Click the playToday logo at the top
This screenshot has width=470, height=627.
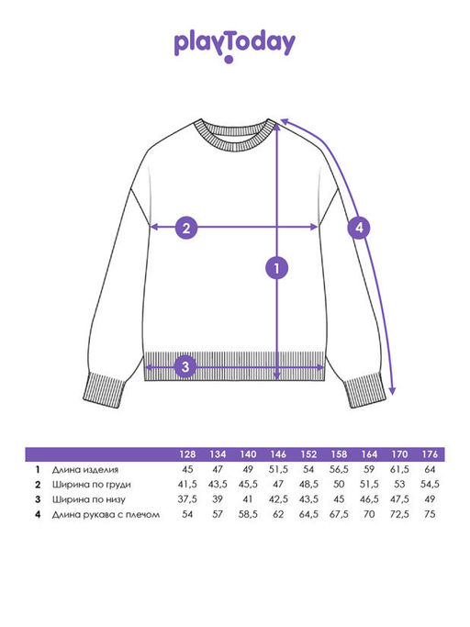235,45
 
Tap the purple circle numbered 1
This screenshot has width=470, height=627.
277,268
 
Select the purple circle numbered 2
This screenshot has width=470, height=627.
186,228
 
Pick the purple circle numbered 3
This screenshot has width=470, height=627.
185,366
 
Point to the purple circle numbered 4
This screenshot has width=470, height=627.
359,228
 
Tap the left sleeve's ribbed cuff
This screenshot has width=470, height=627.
106,390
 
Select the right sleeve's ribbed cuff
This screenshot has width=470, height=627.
364,390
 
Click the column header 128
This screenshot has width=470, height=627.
187,454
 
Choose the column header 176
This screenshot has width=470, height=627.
430,454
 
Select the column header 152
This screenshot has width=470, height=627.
308,454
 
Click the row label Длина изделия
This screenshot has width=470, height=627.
85,469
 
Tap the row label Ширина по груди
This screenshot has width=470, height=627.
91,485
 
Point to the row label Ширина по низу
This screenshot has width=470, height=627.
88,499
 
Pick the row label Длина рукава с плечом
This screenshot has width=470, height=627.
106,515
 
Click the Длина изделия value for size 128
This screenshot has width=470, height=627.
187,469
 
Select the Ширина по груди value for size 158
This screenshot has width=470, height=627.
339,484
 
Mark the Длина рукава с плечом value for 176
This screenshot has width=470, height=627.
430,514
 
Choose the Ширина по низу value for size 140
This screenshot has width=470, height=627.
248,499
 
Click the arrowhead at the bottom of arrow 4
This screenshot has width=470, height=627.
392,391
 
